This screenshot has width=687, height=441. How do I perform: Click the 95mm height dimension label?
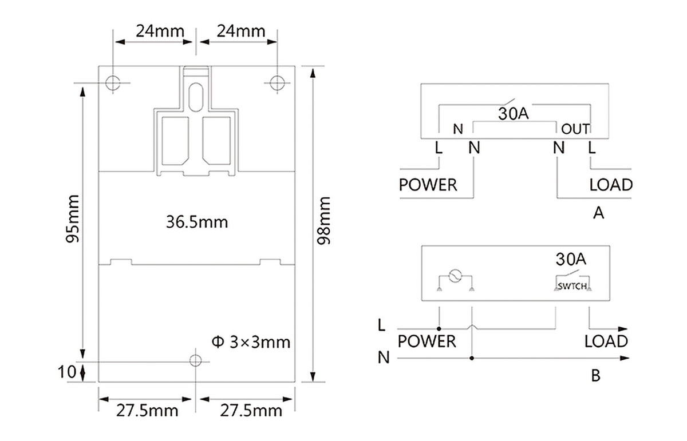pos(73,218)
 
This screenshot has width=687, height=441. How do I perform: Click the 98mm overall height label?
pos(323,221)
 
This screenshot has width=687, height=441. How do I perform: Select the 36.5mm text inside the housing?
pos(197,222)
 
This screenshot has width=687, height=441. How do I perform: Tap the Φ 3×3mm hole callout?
pos(251,342)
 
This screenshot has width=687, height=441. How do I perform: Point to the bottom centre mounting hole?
pos(196,361)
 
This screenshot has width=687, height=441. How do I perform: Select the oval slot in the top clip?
pos(196,97)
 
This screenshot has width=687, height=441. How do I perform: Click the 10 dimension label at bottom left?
pos(67,372)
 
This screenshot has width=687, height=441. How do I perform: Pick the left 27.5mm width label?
pos(147,411)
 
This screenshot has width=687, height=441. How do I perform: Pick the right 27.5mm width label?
pos(251,411)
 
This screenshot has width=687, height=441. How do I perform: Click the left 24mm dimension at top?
pos(160,31)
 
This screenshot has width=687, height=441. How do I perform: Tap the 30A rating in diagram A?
pos(514,114)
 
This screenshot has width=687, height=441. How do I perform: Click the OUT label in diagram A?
pos(575,129)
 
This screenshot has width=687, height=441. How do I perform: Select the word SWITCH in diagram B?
pos(572,287)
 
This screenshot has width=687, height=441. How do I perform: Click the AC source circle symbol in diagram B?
pos(455,276)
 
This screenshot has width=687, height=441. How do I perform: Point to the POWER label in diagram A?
pos(428,185)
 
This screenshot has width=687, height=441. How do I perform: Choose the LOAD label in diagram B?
pos(606,341)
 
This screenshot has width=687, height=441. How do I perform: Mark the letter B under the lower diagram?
pos(595,376)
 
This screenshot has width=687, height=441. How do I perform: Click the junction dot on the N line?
pos(472,358)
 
